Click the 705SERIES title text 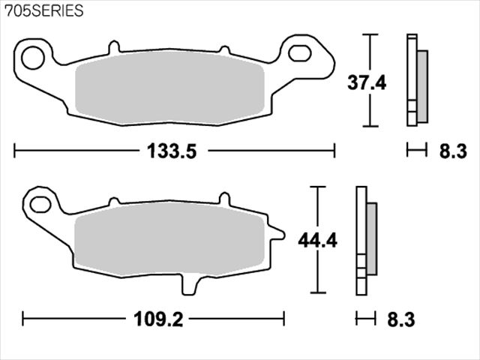point(43,11)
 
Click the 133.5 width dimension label point(172,151)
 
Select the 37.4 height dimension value point(367,82)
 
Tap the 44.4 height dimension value point(318,241)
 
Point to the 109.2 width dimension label point(158,319)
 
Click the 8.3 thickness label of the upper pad point(453,151)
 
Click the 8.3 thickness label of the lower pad point(401,319)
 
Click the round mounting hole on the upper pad point(33,58)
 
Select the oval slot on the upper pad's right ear point(300,53)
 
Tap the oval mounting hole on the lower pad point(40,205)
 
